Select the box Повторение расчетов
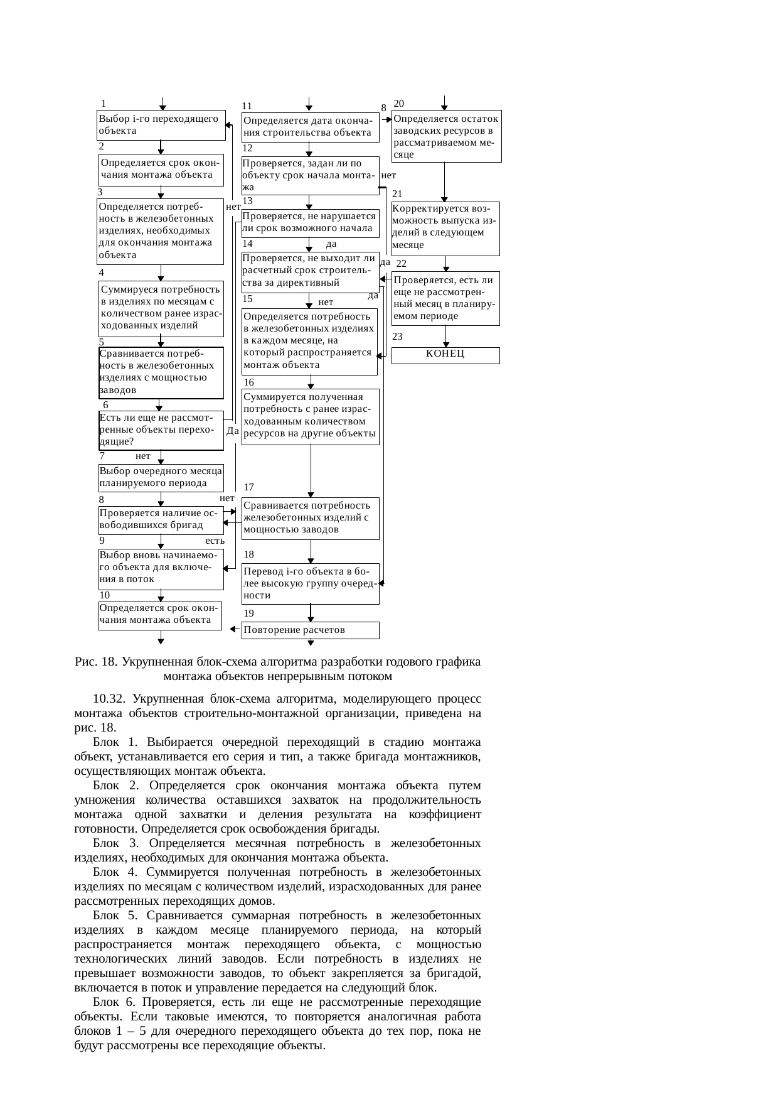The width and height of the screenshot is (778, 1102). click(310, 630)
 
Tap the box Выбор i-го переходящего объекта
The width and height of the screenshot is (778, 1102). click(161, 125)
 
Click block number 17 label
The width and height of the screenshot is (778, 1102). click(249, 487)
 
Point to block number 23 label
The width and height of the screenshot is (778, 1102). click(397, 337)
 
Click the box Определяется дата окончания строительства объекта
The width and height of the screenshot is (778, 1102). click(311, 126)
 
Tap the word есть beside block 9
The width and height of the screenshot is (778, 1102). click(215, 540)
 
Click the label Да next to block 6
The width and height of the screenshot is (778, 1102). click(232, 431)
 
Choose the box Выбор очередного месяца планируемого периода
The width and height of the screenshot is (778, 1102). click(161, 477)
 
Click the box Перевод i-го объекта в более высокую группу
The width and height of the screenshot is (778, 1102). click(311, 583)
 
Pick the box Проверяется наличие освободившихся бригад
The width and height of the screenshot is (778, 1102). click(161, 519)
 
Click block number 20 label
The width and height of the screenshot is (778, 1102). click(399, 103)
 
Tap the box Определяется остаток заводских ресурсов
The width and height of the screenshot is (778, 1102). click(446, 136)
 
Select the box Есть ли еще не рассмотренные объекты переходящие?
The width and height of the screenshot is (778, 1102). click(161, 430)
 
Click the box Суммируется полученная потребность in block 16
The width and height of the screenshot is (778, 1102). click(311, 416)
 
